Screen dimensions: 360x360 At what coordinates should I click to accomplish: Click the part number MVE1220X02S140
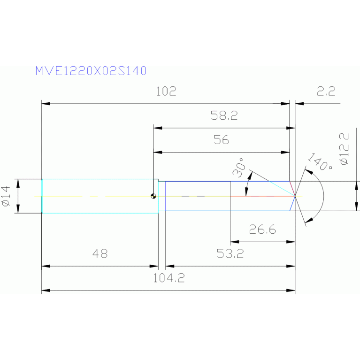pyautogui.click(x=91, y=71)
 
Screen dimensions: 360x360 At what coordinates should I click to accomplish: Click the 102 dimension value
pyautogui.click(x=166, y=92)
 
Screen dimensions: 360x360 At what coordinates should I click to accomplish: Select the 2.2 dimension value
pyautogui.click(x=326, y=92)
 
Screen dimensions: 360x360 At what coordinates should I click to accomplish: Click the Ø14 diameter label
pyautogui.click(x=6, y=196)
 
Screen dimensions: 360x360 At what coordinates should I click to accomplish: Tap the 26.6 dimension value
pyautogui.click(x=262, y=230)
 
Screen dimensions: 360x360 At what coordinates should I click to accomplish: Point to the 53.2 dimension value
pyautogui.click(x=230, y=254)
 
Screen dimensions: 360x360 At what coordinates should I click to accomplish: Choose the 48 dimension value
pyautogui.click(x=100, y=254)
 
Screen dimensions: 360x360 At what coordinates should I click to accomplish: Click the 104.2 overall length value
pyautogui.click(x=169, y=278)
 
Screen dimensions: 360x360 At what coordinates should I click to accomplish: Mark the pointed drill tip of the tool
pyautogui.click(x=294, y=196)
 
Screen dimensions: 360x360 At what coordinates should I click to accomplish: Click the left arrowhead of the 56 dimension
pyautogui.click(x=157, y=152)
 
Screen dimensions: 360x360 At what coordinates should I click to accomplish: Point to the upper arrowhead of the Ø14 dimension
pyautogui.click(x=18, y=182)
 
